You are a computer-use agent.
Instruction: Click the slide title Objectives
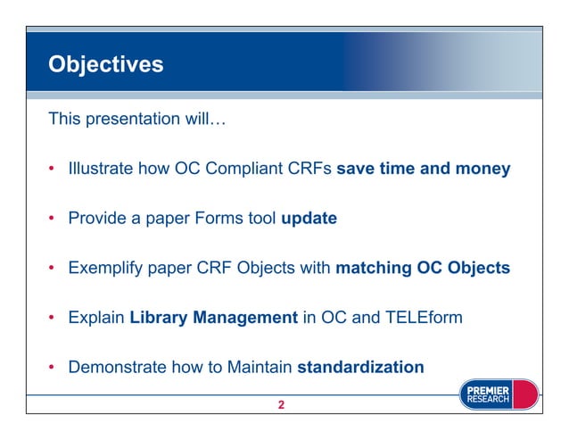[105, 65]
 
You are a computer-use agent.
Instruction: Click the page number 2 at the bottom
[281, 405]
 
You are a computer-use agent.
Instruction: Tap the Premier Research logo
[499, 394]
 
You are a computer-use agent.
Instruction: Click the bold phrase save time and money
[423, 168]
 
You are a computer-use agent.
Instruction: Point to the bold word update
[309, 218]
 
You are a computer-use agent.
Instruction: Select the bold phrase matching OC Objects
[422, 267]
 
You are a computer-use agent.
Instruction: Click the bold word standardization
[360, 366]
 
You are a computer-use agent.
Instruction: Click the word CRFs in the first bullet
[312, 168]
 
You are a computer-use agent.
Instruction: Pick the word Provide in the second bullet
[97, 218]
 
